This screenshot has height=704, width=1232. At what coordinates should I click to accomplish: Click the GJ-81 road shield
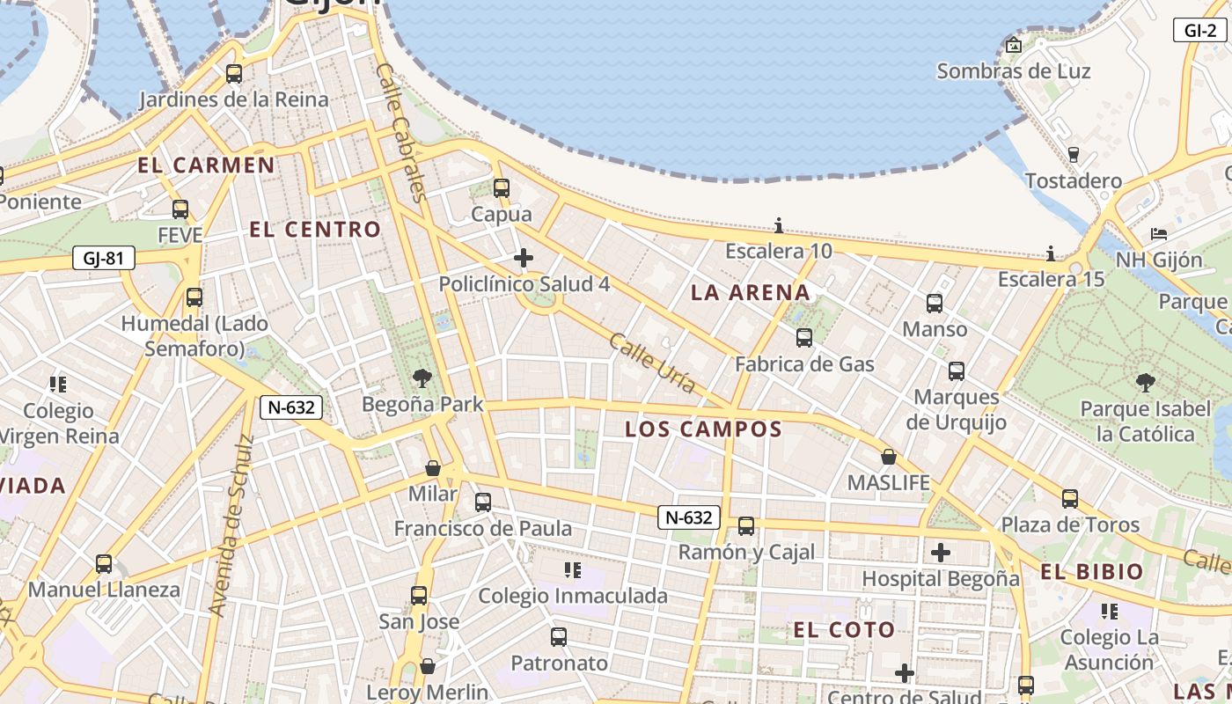point(104,259)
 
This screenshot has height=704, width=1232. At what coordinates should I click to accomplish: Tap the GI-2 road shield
point(1199,30)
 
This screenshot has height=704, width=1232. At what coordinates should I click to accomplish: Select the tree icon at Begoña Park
point(422,378)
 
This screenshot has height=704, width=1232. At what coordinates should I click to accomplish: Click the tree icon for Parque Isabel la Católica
point(1145,382)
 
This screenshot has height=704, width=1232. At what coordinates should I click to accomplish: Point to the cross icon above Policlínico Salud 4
point(524,258)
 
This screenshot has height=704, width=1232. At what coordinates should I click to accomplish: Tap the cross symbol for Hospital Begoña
point(941,553)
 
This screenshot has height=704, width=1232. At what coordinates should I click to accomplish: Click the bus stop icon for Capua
point(502,188)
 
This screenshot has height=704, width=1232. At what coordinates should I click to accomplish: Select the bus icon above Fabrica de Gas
point(804,338)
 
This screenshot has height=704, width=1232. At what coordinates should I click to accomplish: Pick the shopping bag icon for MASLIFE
point(889,457)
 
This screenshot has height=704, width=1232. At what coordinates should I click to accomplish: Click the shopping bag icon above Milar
point(433,467)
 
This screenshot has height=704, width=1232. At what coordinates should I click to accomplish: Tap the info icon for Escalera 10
point(779,226)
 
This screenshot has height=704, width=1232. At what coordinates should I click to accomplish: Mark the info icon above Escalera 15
point(1051,254)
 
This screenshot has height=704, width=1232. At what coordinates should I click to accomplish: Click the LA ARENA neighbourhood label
point(751,293)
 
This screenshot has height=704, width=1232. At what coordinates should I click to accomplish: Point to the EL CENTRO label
point(315,230)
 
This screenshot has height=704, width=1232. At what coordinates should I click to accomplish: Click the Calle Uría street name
point(652,363)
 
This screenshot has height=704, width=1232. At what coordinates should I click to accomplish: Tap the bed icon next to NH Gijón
point(1159,234)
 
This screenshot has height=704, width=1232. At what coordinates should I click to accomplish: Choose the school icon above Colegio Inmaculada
point(573,570)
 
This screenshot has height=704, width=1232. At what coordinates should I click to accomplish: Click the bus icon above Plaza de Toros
point(1070,499)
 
